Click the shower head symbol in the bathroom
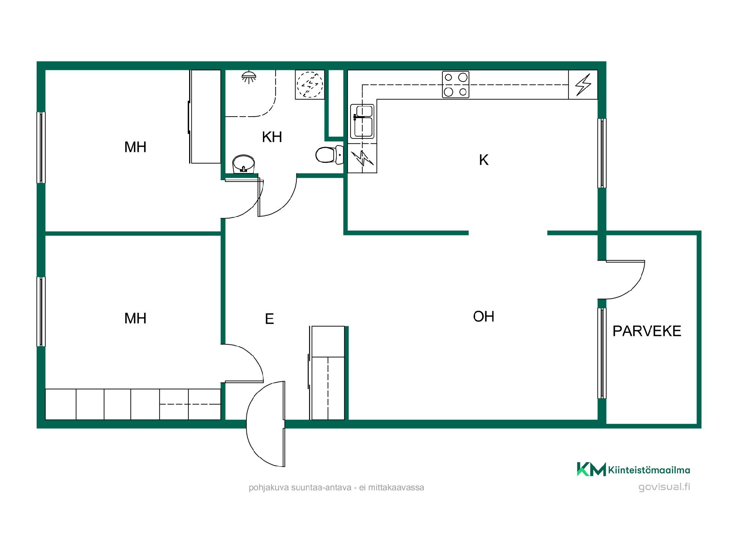[x=249, y=77]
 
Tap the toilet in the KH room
[x=329, y=155]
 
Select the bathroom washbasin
[x=244, y=164]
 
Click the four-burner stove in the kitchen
[x=455, y=84]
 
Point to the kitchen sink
[x=362, y=122]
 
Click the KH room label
[x=272, y=137]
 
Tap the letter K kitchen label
[x=484, y=160]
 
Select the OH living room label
[x=484, y=317]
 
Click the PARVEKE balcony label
[x=647, y=331]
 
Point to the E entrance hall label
[x=269, y=319]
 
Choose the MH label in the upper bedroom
[x=135, y=147]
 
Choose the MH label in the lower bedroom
[x=135, y=318]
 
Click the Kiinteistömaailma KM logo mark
[x=591, y=469]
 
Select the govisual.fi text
[x=664, y=487]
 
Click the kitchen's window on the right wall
[x=602, y=153]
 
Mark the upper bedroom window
[x=41, y=147]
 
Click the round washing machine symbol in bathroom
[x=310, y=85]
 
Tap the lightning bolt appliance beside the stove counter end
[x=583, y=85]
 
